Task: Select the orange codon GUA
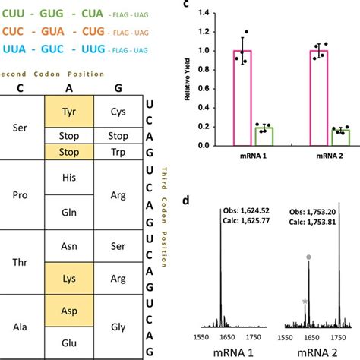coord(68,33)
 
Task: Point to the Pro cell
coord(22,197)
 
